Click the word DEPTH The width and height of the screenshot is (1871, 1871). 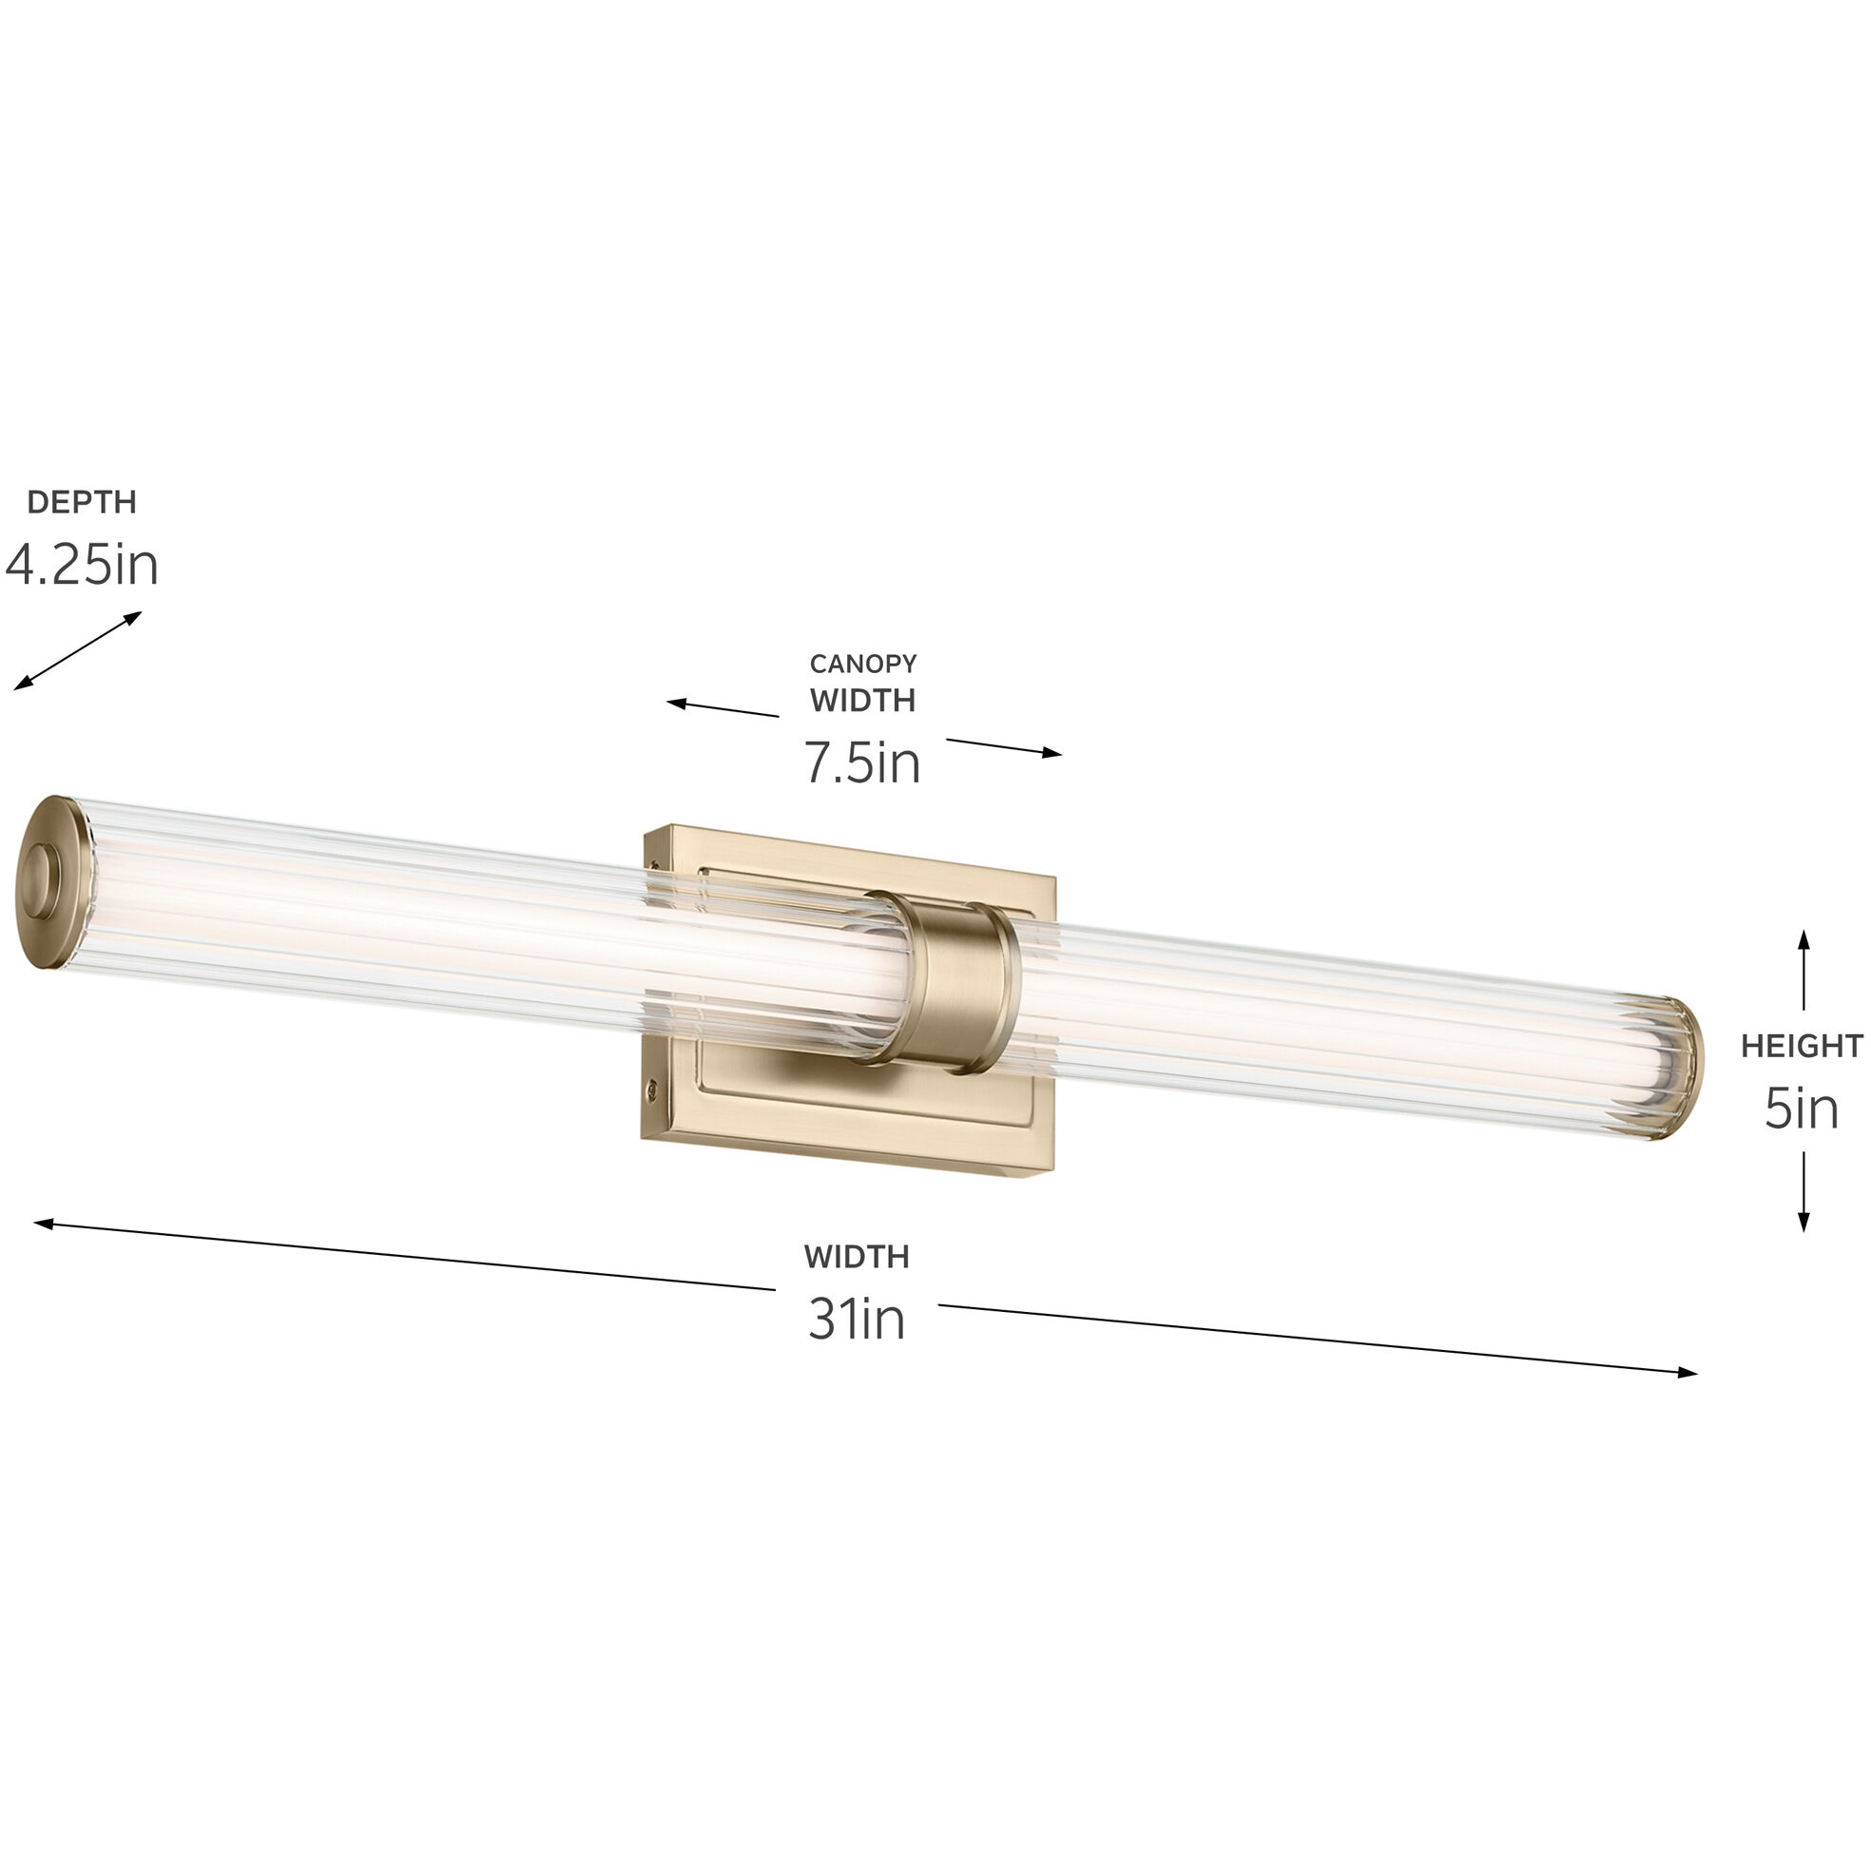(x=82, y=502)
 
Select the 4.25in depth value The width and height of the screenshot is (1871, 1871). (x=82, y=564)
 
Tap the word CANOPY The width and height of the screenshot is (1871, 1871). (x=863, y=664)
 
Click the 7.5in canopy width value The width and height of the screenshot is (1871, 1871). (x=862, y=763)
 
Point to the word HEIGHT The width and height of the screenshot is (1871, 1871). (x=1802, y=1046)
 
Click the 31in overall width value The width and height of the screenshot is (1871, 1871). (x=857, y=1319)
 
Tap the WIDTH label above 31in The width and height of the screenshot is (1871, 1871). (x=857, y=1257)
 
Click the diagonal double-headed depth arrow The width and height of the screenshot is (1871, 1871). (x=77, y=651)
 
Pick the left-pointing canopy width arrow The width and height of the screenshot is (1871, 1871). (x=722, y=709)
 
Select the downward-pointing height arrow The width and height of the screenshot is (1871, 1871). (x=1803, y=1191)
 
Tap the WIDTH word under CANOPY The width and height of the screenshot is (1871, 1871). (x=863, y=700)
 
